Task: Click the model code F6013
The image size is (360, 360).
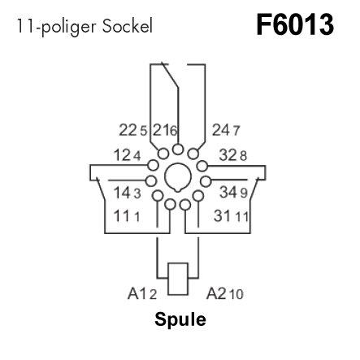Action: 295,25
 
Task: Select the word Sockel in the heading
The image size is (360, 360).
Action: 128,26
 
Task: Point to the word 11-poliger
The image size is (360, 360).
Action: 56,27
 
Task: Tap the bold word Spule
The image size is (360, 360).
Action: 180,320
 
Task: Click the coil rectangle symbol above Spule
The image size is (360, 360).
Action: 178,279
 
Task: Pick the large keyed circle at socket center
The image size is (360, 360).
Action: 178,177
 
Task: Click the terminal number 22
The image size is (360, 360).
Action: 128,130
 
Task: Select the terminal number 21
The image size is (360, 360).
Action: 161,130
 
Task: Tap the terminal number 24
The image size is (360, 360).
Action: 221,130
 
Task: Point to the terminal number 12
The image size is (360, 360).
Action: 123,155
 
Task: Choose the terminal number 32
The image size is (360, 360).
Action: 228,155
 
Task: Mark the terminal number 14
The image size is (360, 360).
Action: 123,193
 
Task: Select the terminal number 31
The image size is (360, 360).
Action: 223,216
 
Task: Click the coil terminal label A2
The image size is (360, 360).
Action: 216,293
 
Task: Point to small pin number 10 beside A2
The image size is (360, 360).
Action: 236,295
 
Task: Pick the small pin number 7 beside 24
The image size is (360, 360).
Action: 236,131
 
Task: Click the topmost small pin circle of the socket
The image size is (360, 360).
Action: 178,150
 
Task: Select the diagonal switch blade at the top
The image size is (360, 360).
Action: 170,75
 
